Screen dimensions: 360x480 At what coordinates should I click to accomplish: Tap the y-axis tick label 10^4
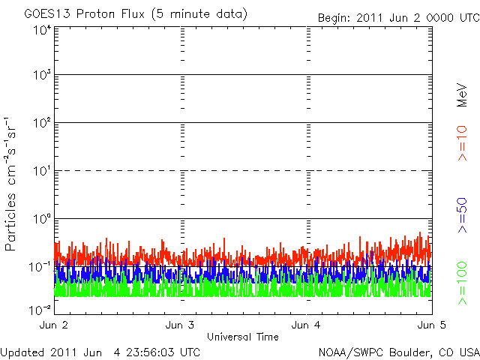click(42, 30)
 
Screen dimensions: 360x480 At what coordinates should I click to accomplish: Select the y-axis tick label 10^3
click(42, 75)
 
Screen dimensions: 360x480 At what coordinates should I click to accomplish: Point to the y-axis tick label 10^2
click(42, 122)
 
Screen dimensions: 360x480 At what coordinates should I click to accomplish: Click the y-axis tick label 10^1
click(42, 170)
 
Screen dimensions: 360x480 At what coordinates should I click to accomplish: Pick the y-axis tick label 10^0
click(42, 218)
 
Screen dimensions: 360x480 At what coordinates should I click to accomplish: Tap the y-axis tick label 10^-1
click(40, 265)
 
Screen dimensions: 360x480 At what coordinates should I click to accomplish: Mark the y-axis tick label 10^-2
click(40, 309)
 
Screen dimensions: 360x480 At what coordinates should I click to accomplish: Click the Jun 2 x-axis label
click(54, 325)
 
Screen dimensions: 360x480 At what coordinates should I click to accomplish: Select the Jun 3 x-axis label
click(180, 325)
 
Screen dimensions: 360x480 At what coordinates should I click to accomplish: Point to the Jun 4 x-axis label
click(306, 325)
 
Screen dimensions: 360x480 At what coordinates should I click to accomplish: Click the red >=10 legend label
click(463, 143)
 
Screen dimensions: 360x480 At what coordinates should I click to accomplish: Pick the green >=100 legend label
click(463, 283)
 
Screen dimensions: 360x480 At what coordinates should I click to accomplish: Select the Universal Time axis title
click(243, 337)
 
